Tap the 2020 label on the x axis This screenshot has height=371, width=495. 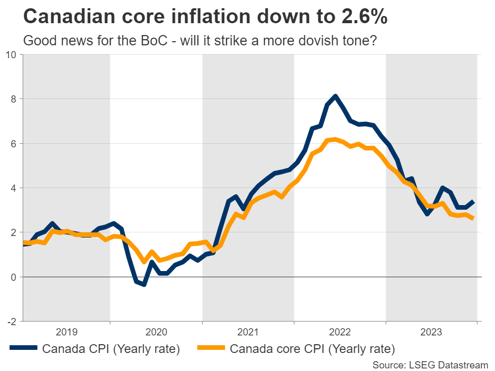tap(156, 332)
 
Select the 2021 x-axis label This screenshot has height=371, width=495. tap(248, 332)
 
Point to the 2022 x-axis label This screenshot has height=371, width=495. tap(340, 332)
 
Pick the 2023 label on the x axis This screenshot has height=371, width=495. tap(432, 332)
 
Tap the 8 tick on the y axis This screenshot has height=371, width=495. tap(14, 98)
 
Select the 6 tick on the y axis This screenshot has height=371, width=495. tap(14, 143)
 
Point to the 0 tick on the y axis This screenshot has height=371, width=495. tap(14, 277)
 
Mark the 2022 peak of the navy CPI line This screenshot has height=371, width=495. tap(336, 96)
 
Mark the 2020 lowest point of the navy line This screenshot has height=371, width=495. tap(144, 284)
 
